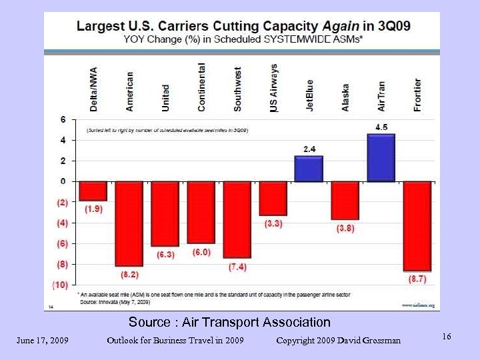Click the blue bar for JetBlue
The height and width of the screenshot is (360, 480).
tap(309, 169)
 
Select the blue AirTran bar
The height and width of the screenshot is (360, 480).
tap(381, 157)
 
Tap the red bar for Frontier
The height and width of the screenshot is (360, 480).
tap(417, 226)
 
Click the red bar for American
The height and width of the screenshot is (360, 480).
tap(129, 223)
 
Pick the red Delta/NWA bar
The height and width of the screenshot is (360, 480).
tap(93, 191)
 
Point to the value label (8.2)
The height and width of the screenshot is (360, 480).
tap(129, 274)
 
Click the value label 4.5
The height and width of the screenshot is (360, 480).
tap(382, 127)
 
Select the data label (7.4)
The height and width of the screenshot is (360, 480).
tap(237, 267)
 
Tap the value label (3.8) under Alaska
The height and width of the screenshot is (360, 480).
tap(345, 228)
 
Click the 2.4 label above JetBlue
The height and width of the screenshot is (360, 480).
tap(310, 149)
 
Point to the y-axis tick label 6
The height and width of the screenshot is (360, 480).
tap(63, 120)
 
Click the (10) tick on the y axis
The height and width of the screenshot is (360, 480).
tap(60, 285)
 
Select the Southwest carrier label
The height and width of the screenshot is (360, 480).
tap(237, 89)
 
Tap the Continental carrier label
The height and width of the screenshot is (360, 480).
tap(201, 87)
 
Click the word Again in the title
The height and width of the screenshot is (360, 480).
tap(340, 27)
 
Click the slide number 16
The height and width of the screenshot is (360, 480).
tap(446, 337)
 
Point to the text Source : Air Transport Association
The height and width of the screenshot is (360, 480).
tap(229, 323)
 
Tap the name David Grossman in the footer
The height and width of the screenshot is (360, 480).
tap(369, 341)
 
